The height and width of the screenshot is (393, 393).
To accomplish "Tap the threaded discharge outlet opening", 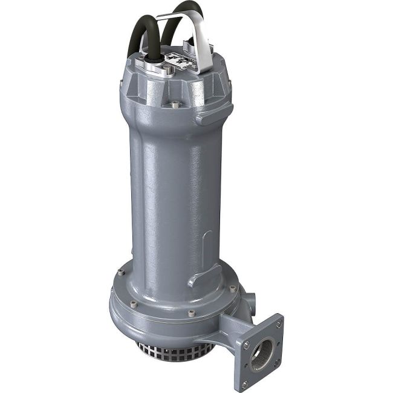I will (x=261, y=348).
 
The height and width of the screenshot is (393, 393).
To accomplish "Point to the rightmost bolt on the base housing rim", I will (x=233, y=289).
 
